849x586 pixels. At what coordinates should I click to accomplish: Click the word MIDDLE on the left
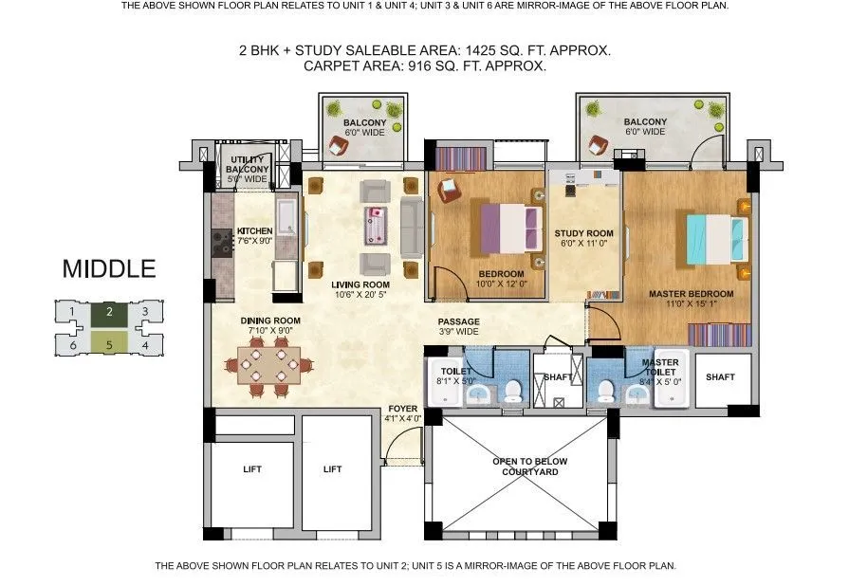(x=108, y=269)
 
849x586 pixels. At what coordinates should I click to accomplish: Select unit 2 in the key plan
(x=109, y=311)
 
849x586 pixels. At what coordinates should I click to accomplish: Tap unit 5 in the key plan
(x=109, y=344)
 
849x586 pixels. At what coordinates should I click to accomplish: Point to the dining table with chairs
(x=269, y=366)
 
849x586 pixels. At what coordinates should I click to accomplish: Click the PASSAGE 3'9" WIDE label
(x=458, y=327)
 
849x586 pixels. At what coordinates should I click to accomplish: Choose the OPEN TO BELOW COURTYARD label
(x=518, y=467)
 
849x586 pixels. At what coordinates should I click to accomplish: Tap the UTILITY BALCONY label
(x=248, y=169)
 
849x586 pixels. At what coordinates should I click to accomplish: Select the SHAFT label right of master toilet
(x=720, y=376)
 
